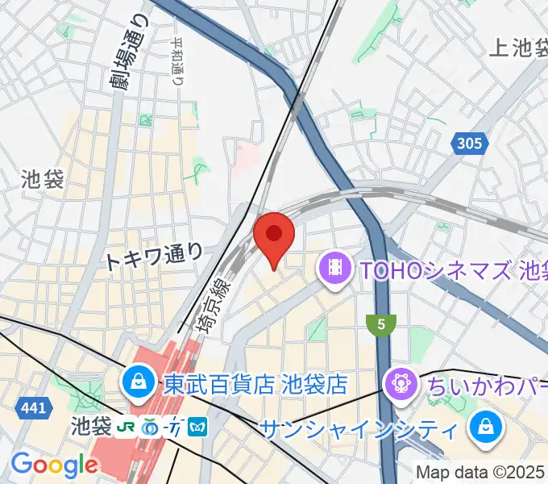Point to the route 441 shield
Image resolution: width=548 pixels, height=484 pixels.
(x=33, y=409)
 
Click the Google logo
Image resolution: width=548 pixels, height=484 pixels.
(x=55, y=465)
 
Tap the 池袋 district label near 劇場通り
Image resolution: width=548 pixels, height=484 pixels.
(x=44, y=179)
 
